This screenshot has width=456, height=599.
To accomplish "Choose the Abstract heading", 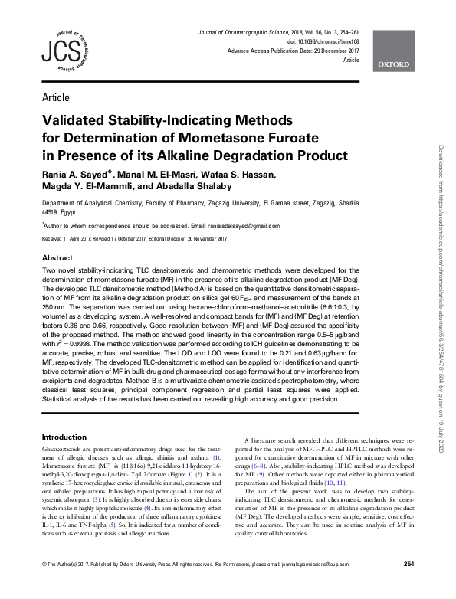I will (57, 258).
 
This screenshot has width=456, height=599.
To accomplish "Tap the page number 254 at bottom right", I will (408, 586).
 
